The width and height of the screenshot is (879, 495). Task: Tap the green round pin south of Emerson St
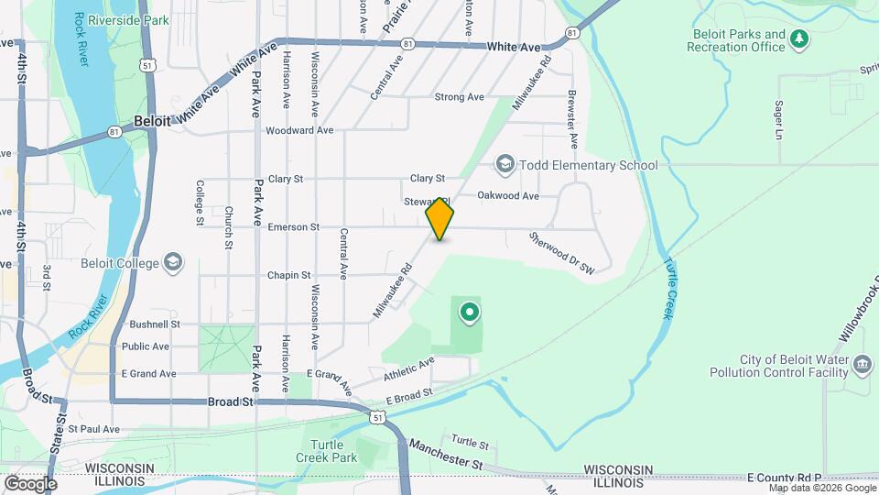pyautogui.click(x=469, y=313)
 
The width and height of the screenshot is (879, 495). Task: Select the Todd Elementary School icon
pyautogui.click(x=505, y=165)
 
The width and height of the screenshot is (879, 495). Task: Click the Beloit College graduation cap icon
pyautogui.click(x=171, y=263)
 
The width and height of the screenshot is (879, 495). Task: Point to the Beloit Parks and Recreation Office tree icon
pyautogui.click(x=800, y=38)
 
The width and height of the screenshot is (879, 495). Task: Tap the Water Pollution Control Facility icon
pyautogui.click(x=862, y=367)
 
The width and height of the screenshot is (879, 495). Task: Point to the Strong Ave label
pyautogui.click(x=459, y=97)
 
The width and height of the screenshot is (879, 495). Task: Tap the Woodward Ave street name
pyautogui.click(x=298, y=130)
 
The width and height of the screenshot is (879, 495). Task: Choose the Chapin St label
pyautogui.click(x=289, y=275)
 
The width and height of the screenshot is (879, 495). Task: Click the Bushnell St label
pyautogui.click(x=155, y=324)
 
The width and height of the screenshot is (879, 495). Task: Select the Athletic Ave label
pyautogui.click(x=408, y=369)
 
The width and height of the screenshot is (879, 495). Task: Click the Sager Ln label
pyautogui.click(x=779, y=120)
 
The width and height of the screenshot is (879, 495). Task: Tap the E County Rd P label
pyautogui.click(x=785, y=478)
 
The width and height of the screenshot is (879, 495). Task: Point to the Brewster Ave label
pyautogui.click(x=572, y=119)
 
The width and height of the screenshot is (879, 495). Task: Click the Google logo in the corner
pyautogui.click(x=30, y=483)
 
